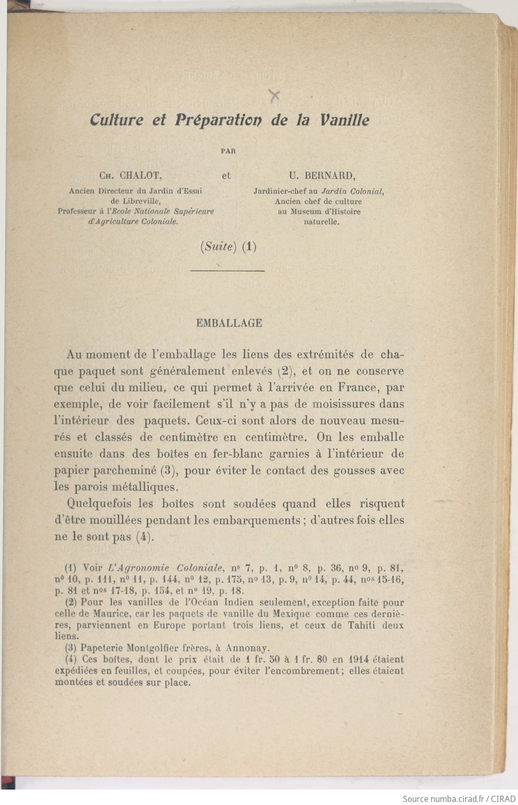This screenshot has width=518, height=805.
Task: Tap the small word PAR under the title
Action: tap(228, 151)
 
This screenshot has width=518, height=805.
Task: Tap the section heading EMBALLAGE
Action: tap(229, 323)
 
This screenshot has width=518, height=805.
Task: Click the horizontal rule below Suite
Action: tap(228, 270)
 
